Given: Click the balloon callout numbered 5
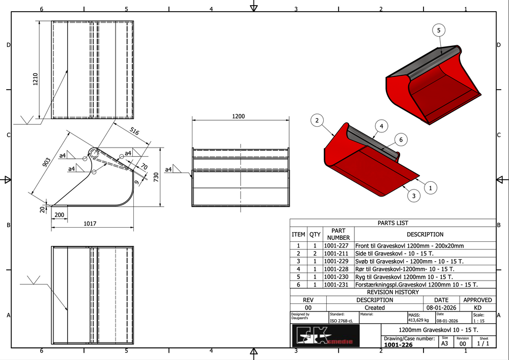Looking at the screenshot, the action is click(x=439, y=31).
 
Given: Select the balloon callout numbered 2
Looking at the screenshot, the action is click(x=317, y=121).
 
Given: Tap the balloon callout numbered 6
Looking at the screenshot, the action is click(x=401, y=140).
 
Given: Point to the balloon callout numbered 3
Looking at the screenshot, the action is click(x=413, y=196).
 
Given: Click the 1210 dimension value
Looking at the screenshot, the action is click(x=36, y=79).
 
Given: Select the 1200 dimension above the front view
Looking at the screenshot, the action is click(x=238, y=116).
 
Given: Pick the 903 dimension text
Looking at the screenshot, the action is click(x=46, y=162).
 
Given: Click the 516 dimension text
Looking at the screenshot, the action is click(x=134, y=131).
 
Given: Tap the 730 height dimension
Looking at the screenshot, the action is click(x=156, y=177).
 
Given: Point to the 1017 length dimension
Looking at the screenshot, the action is click(x=90, y=224).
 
